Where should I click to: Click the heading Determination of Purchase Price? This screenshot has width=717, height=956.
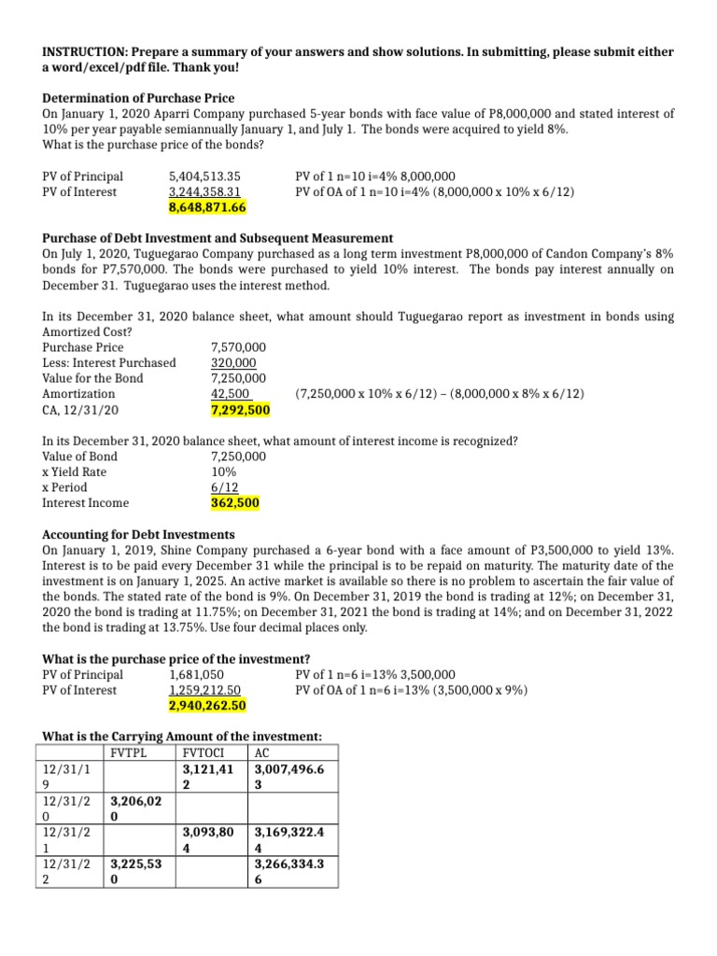point(138,98)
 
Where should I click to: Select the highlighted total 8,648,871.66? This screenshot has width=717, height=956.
point(206,207)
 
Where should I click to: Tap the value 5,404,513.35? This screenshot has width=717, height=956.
point(204,176)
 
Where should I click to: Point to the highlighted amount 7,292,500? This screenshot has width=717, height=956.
point(240,410)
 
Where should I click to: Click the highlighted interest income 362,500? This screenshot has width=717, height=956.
point(235,503)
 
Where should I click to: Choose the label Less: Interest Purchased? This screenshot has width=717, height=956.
point(109,362)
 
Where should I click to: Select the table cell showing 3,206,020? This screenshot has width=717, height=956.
point(136,808)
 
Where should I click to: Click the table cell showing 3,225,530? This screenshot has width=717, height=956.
point(136,872)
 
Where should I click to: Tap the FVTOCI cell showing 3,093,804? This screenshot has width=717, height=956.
point(208,840)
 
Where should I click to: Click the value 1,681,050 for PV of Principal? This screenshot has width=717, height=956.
point(196,674)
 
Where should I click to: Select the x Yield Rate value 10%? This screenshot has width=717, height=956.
point(224,471)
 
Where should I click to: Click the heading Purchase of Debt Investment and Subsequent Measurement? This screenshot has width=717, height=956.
point(218,238)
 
